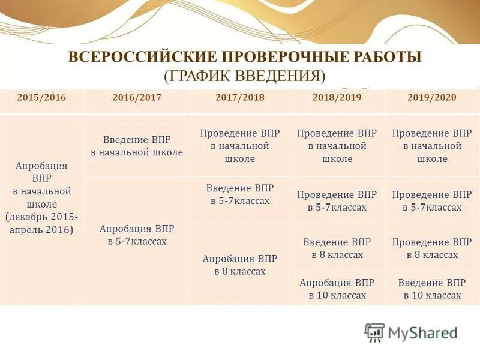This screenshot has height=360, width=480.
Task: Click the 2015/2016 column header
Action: point(41,97)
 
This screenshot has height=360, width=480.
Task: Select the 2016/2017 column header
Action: point(137,97)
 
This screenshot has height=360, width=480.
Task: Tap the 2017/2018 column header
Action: point(239,97)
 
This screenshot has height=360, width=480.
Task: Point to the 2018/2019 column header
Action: point(337,97)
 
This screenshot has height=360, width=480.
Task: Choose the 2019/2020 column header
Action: point(432,97)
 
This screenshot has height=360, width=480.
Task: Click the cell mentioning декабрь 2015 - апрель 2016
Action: point(41,198)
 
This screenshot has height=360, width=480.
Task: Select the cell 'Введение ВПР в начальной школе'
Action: point(137,146)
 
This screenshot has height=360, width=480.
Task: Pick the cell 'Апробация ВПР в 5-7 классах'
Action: point(137,235)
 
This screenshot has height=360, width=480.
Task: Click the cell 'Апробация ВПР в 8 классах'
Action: point(240,265)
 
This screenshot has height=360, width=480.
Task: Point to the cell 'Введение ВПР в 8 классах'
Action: point(337,248)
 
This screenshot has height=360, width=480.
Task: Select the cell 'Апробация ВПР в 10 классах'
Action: point(337,289)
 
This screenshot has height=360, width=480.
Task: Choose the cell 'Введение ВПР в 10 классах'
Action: point(432,289)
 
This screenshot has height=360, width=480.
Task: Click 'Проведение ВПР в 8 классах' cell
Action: point(432,248)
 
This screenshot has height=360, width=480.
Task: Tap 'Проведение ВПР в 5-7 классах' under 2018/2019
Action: point(337,201)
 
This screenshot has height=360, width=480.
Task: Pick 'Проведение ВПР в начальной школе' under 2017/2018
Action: point(240,146)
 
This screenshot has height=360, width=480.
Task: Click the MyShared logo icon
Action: point(374,332)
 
